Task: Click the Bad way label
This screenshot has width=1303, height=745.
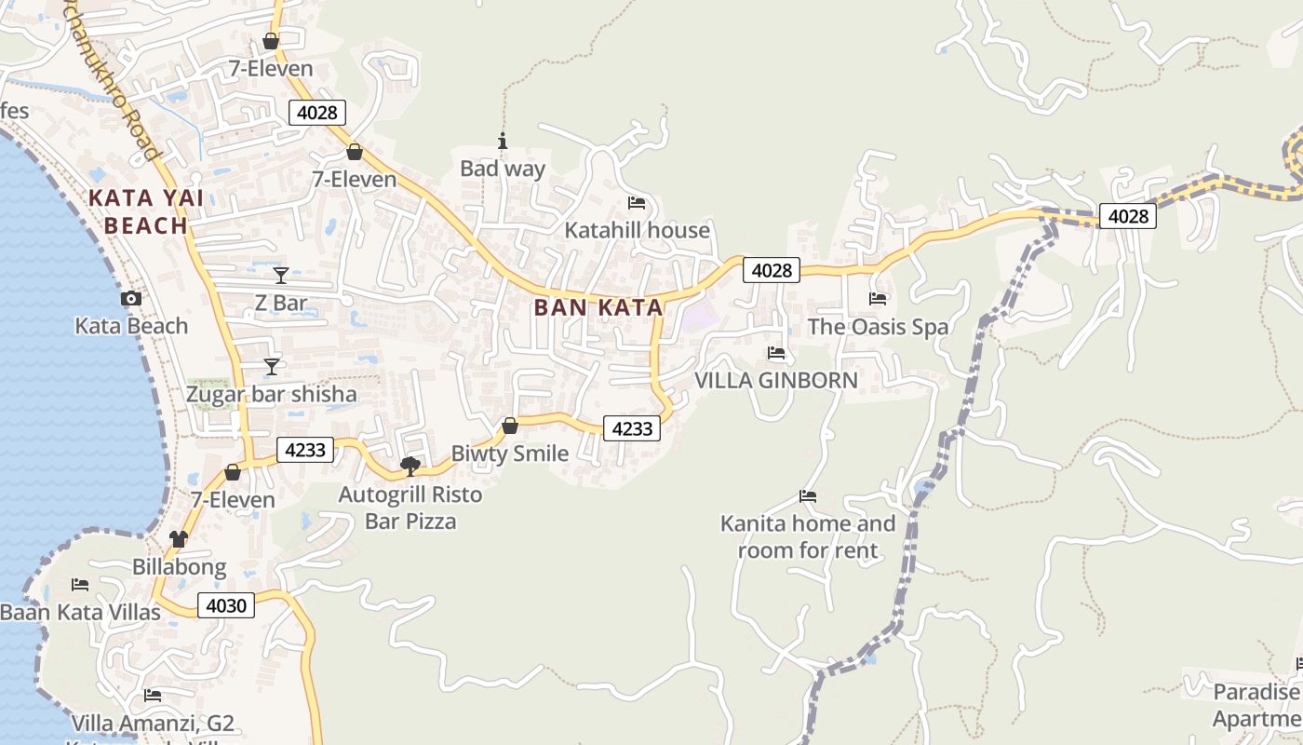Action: point(503,169)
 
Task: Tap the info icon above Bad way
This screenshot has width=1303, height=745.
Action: point(503,141)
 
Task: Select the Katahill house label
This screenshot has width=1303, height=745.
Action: point(638,230)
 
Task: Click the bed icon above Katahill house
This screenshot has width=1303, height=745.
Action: point(637,202)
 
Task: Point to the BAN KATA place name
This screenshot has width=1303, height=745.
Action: point(598,307)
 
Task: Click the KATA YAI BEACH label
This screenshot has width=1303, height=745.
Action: point(146,211)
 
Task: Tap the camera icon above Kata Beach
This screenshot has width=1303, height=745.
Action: point(131,298)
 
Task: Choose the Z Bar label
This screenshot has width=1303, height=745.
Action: point(281,303)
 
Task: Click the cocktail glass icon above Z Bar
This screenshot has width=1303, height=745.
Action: point(281,275)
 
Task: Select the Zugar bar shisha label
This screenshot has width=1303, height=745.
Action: point(271,394)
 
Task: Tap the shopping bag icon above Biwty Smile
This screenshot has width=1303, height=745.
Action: point(510,426)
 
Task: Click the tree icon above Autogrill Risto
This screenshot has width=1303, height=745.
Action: point(410,466)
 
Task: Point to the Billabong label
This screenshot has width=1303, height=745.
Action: point(179,566)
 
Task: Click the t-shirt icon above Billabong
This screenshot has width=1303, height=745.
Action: point(179,538)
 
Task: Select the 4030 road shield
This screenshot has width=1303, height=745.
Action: point(225,606)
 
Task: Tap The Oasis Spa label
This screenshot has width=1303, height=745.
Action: point(878,327)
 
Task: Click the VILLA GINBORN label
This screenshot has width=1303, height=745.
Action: point(776,380)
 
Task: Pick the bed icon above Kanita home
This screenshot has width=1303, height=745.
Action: point(808,496)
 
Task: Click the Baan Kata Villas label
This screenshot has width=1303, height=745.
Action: point(80,612)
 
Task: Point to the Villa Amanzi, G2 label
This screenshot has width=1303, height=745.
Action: point(153,724)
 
